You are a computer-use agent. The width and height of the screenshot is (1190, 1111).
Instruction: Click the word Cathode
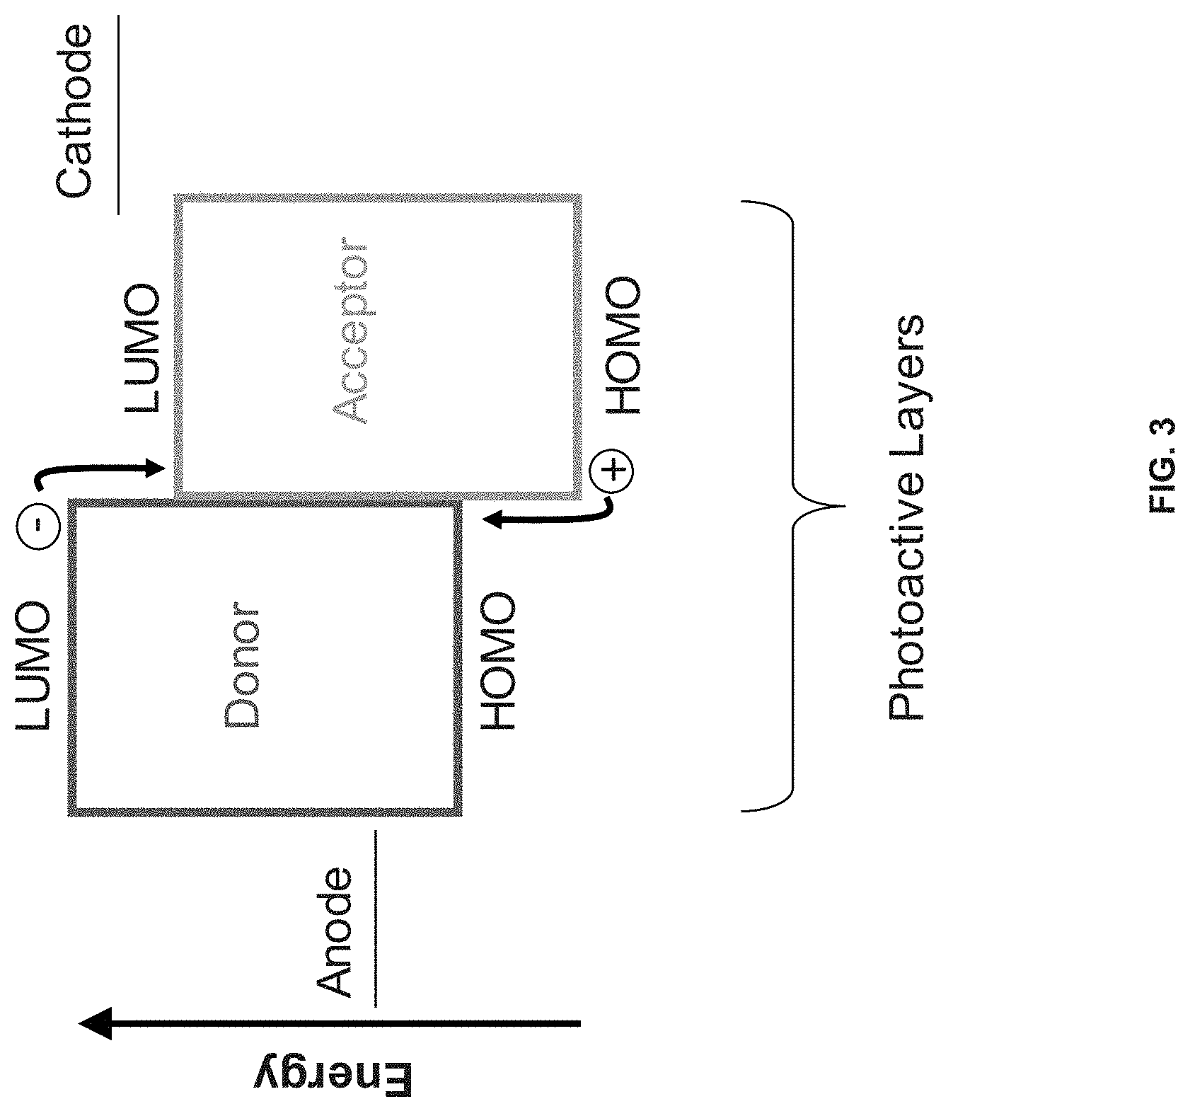74,112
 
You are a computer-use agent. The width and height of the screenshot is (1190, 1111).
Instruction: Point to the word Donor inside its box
242,666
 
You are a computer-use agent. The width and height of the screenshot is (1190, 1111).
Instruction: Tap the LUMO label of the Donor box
33,666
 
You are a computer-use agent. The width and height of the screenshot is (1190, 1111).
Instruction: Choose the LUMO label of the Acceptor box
144,349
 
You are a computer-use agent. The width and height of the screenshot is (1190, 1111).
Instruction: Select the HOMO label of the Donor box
499,662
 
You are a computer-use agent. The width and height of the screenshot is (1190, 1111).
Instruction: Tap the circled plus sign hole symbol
613,470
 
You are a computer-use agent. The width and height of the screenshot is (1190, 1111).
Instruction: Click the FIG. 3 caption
1160,466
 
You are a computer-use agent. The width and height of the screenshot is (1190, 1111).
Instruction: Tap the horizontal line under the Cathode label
118,114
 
